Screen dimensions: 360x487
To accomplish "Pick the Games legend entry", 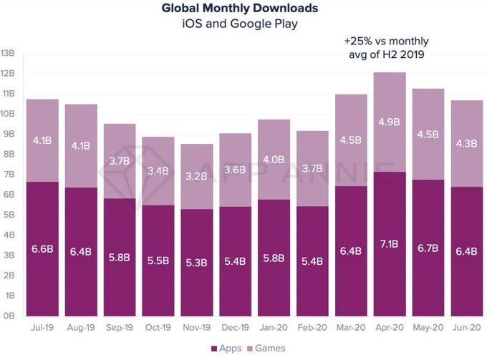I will point(266,348).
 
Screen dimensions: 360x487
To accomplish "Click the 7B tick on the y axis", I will point(9,174).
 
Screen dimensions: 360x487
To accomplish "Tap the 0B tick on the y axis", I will point(9,316).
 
